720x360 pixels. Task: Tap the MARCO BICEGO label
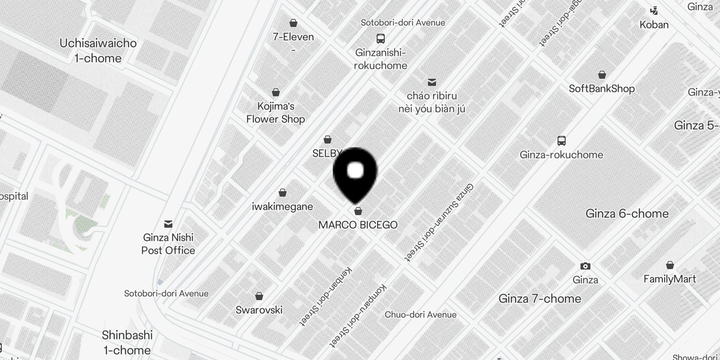click(358, 225)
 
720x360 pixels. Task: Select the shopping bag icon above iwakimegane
click(283, 193)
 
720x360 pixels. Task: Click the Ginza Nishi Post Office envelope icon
click(168, 224)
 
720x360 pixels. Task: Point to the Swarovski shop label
click(259, 310)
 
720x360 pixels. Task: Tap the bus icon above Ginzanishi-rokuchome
click(381, 38)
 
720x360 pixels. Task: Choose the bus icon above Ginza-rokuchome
click(562, 141)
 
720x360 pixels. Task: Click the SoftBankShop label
click(602, 89)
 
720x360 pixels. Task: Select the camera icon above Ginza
click(585, 266)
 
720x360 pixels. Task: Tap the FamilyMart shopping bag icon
click(670, 265)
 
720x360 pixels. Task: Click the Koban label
click(654, 25)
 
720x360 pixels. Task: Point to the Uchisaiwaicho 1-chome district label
click(98, 50)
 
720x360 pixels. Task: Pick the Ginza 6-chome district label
click(627, 213)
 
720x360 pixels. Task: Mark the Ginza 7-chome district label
click(540, 298)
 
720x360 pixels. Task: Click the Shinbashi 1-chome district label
click(127, 342)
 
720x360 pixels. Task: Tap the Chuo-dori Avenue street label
click(420, 315)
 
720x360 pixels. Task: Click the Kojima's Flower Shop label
click(275, 112)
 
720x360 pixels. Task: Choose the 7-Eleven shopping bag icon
click(293, 23)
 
